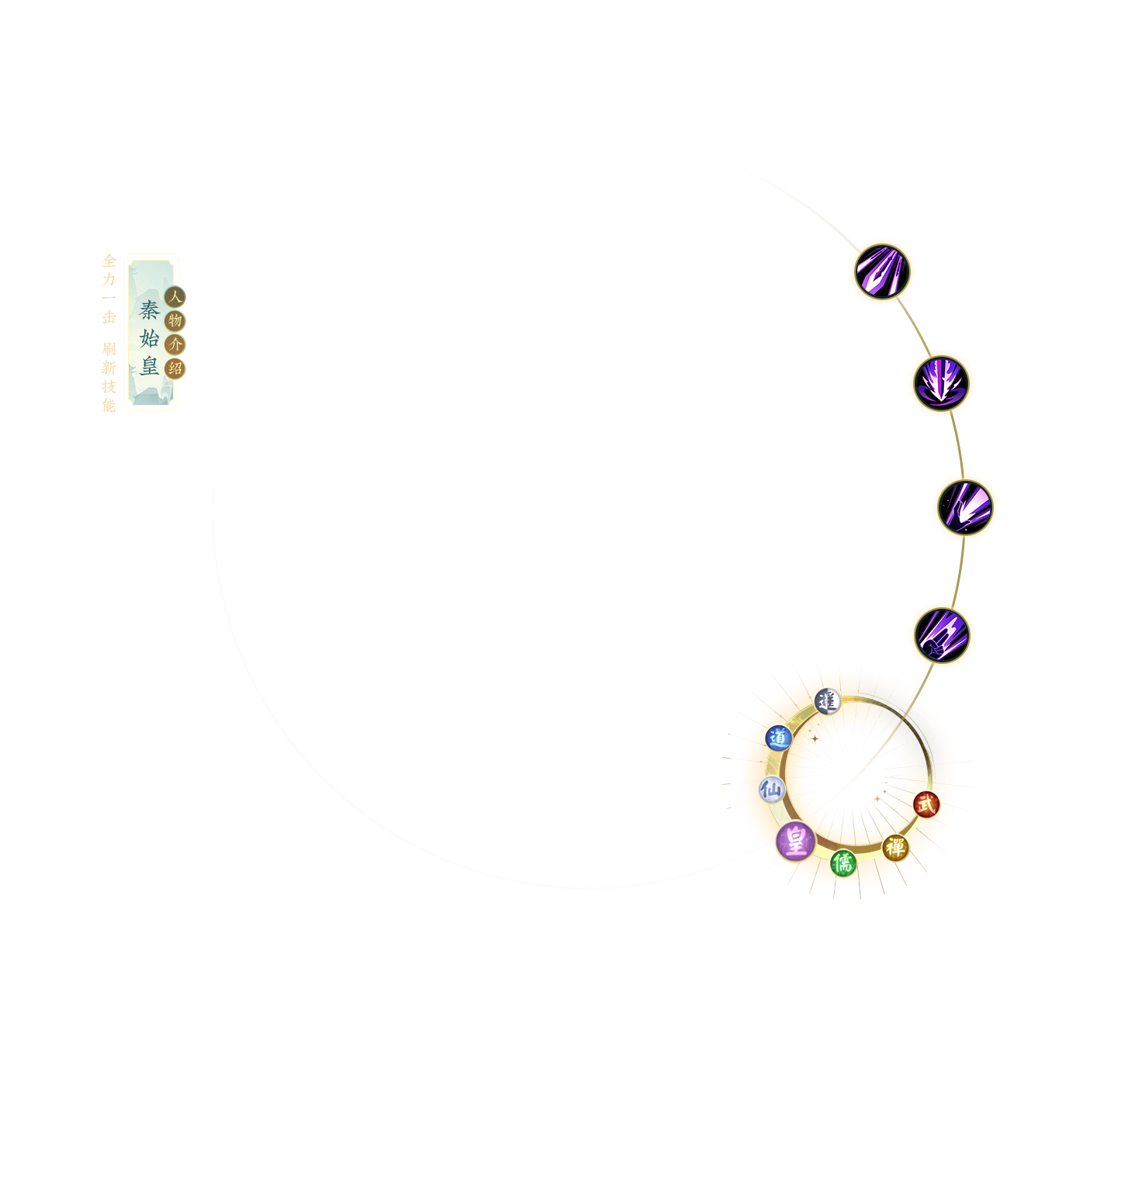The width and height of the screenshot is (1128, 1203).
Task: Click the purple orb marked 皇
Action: pyautogui.click(x=795, y=841)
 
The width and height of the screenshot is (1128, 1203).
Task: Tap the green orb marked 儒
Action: pyautogui.click(x=843, y=862)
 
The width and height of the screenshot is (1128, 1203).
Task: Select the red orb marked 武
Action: pyautogui.click(x=926, y=804)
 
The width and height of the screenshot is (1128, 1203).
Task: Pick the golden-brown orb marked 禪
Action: pyautogui.click(x=894, y=847)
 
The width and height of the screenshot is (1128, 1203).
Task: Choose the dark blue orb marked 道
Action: pyautogui.click(x=777, y=738)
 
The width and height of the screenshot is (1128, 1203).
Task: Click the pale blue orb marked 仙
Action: pyautogui.click(x=771, y=790)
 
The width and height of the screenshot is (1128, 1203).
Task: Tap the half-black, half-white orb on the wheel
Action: pyautogui.click(x=827, y=701)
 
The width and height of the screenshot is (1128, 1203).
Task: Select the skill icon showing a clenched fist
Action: pyautogui.click(x=942, y=635)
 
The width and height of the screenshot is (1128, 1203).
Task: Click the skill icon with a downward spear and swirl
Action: pyautogui.click(x=941, y=383)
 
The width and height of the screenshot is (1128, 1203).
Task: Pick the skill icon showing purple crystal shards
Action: pyautogui.click(x=882, y=271)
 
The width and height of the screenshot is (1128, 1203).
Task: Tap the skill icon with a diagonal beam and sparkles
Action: pyautogui.click(x=965, y=508)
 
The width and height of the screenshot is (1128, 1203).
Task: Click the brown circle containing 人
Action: pyautogui.click(x=175, y=296)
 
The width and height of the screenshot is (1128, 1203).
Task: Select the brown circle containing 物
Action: pyautogui.click(x=175, y=320)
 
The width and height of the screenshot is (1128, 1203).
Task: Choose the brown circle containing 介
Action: pyautogui.click(x=175, y=344)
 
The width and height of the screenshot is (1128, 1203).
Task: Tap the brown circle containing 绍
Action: pyautogui.click(x=175, y=368)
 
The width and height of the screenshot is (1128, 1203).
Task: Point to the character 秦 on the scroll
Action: pyautogui.click(x=150, y=310)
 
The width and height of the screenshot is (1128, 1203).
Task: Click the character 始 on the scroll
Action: pyautogui.click(x=150, y=338)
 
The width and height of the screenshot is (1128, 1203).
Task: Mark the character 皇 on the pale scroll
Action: pyautogui.click(x=150, y=365)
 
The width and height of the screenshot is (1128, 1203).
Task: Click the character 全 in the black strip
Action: pyautogui.click(x=109, y=261)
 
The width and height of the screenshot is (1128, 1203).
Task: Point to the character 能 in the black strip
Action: pyautogui.click(x=109, y=405)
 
